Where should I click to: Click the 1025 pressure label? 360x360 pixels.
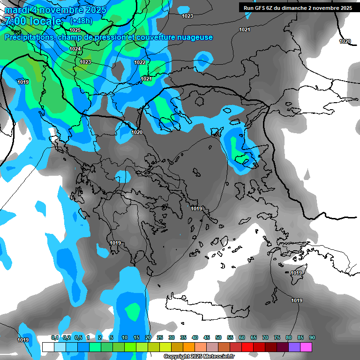75,30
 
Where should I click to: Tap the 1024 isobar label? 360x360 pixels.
75,49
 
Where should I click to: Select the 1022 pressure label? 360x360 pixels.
140,62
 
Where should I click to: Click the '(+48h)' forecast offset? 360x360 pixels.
81,21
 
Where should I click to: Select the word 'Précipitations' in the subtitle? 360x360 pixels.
29,37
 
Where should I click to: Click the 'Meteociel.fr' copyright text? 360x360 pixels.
218,357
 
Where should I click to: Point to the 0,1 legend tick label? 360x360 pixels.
55,338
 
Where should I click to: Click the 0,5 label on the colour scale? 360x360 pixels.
78,338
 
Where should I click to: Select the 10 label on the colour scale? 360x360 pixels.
125,338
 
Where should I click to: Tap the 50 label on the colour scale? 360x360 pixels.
218,338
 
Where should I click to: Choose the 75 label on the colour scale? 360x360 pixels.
277,338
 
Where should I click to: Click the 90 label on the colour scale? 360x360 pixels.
312,338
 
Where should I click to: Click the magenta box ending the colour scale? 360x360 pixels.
306,347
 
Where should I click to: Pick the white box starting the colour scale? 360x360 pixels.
48,347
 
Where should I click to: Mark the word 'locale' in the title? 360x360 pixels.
45,21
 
